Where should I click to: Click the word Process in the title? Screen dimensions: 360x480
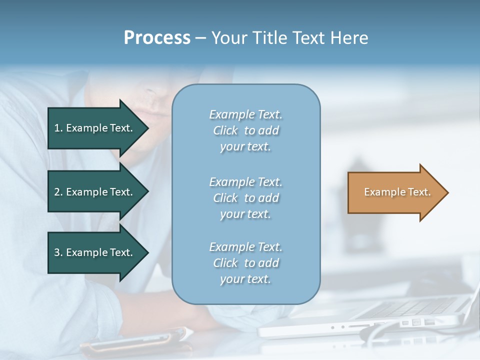click(x=157, y=37)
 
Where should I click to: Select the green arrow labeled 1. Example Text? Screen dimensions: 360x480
click(x=95, y=128)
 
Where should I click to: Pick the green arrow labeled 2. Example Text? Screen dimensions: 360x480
click(x=95, y=192)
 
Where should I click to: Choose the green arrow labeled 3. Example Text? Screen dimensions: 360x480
click(x=95, y=252)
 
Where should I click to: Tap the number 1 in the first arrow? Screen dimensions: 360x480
click(x=57, y=128)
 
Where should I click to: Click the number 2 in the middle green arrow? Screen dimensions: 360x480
click(x=57, y=192)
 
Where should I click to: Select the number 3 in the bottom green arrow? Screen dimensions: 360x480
click(x=57, y=252)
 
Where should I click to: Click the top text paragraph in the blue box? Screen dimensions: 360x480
click(x=245, y=130)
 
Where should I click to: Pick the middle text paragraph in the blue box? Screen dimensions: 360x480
click(x=245, y=197)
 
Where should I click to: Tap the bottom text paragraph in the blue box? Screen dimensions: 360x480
click(x=245, y=263)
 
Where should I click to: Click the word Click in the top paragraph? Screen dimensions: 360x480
click(x=225, y=130)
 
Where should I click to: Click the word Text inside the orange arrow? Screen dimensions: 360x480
click(x=418, y=192)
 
